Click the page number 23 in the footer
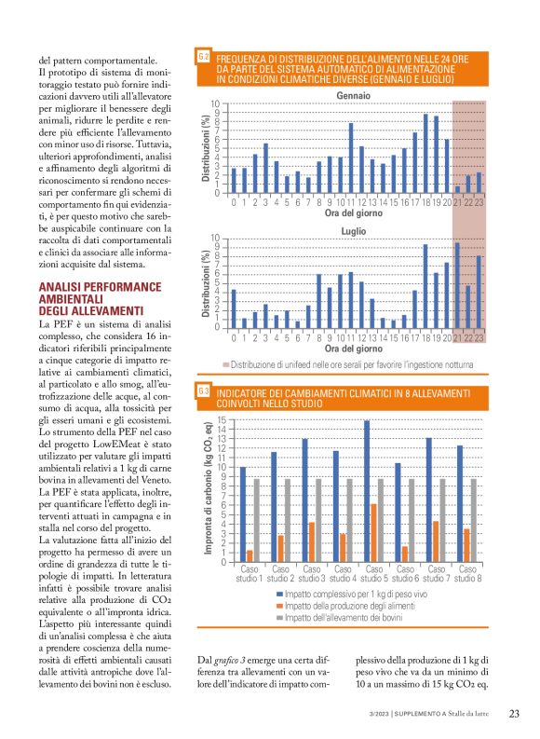pos(514,714)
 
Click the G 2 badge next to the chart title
pos(202,58)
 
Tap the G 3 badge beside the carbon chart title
pos(202,392)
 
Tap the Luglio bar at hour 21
pos(457,284)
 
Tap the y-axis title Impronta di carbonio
pos(210,490)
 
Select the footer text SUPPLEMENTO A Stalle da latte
pos(443,714)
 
